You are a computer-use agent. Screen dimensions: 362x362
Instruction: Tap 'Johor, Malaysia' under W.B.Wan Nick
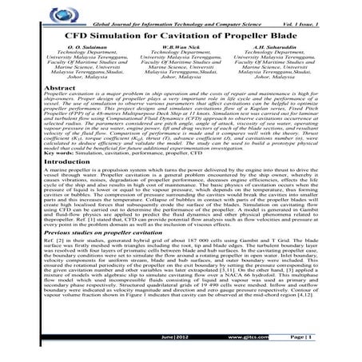(180, 78)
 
